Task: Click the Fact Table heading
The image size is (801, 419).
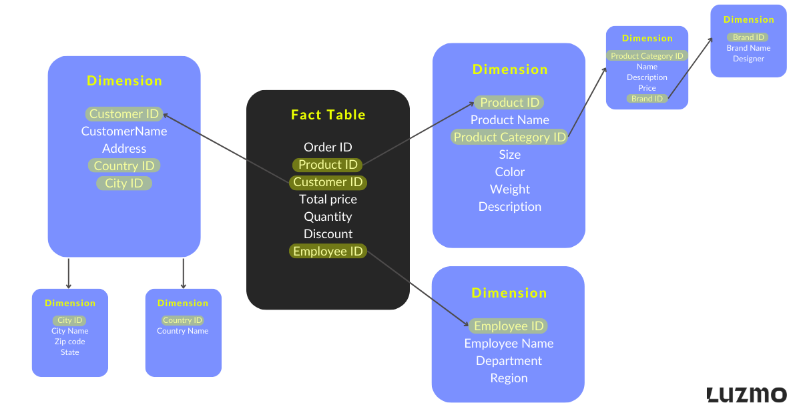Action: point(328,115)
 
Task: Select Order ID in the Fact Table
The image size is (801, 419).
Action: point(328,147)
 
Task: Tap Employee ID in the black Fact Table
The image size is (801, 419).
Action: point(328,251)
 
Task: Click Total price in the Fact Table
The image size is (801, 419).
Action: point(328,199)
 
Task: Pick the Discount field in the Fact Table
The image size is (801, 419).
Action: point(328,234)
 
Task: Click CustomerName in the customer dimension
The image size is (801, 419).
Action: point(124,131)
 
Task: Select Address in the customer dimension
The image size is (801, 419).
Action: point(124,148)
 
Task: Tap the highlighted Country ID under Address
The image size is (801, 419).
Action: point(124,165)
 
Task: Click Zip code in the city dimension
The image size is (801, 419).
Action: point(69,342)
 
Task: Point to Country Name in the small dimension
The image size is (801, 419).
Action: point(183,331)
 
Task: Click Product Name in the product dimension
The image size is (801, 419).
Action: point(509,119)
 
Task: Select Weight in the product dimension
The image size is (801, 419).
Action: point(509,189)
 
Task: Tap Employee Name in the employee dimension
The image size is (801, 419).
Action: point(509,343)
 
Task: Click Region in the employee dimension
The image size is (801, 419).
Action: point(509,378)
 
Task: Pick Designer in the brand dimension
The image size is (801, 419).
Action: point(748,59)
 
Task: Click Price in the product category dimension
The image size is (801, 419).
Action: point(647,88)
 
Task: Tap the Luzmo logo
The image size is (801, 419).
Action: point(746,394)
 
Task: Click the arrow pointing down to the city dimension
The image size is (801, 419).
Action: point(69,274)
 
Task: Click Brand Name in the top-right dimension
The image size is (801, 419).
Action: point(748,48)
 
